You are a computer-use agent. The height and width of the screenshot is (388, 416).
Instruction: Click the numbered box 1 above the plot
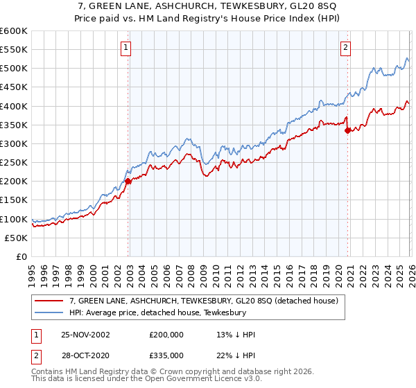(125, 48)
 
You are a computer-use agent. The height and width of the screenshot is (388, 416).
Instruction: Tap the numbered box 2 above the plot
(345, 48)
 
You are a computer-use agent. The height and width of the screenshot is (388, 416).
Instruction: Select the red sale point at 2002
(128, 182)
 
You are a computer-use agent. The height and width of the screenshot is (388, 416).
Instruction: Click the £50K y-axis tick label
(16, 238)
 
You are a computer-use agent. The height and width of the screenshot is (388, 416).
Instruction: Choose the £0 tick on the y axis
(21, 256)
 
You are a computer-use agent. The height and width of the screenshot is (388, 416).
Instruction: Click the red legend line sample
(49, 301)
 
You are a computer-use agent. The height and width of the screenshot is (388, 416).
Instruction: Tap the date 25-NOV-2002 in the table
(85, 335)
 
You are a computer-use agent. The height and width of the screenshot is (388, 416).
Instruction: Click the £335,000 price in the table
(166, 355)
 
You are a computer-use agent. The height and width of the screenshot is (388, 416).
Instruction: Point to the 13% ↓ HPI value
(236, 335)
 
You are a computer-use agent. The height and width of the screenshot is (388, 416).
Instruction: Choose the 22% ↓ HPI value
(236, 355)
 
